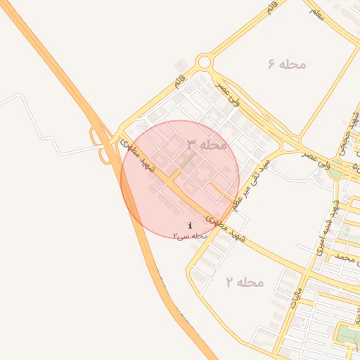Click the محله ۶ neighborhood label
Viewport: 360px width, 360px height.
click(287, 64)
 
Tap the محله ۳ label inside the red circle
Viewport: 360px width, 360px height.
click(207, 144)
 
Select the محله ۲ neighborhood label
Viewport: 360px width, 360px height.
click(244, 282)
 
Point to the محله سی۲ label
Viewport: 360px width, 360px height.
click(191, 236)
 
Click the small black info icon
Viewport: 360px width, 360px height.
click(190, 225)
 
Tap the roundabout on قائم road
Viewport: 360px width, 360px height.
click(204, 62)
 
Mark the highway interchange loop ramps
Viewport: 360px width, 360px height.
click(102, 144)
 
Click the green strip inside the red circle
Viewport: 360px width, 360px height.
click(186, 160)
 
